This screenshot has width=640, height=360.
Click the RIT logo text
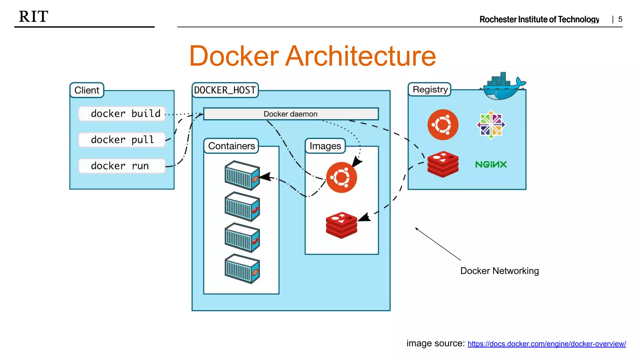33,17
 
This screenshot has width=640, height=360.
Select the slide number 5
620,19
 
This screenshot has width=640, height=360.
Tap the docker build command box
122,113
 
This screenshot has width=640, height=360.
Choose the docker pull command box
122,139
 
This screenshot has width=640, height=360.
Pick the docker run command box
122,166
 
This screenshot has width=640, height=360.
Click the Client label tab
87,90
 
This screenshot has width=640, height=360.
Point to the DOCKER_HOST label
225,90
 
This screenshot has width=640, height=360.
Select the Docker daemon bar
291,114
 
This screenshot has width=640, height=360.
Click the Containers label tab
231,146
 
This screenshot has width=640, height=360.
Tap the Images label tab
325,146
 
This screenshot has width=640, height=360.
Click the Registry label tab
430,90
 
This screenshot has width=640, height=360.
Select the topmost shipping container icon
242,175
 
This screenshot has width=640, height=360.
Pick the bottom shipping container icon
242,269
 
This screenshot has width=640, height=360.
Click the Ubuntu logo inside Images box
342,177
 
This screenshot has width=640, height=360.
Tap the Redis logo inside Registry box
443,164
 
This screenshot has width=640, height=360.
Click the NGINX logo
491,164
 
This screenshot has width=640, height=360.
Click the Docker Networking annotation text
499,271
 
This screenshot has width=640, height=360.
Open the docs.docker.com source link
547,344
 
